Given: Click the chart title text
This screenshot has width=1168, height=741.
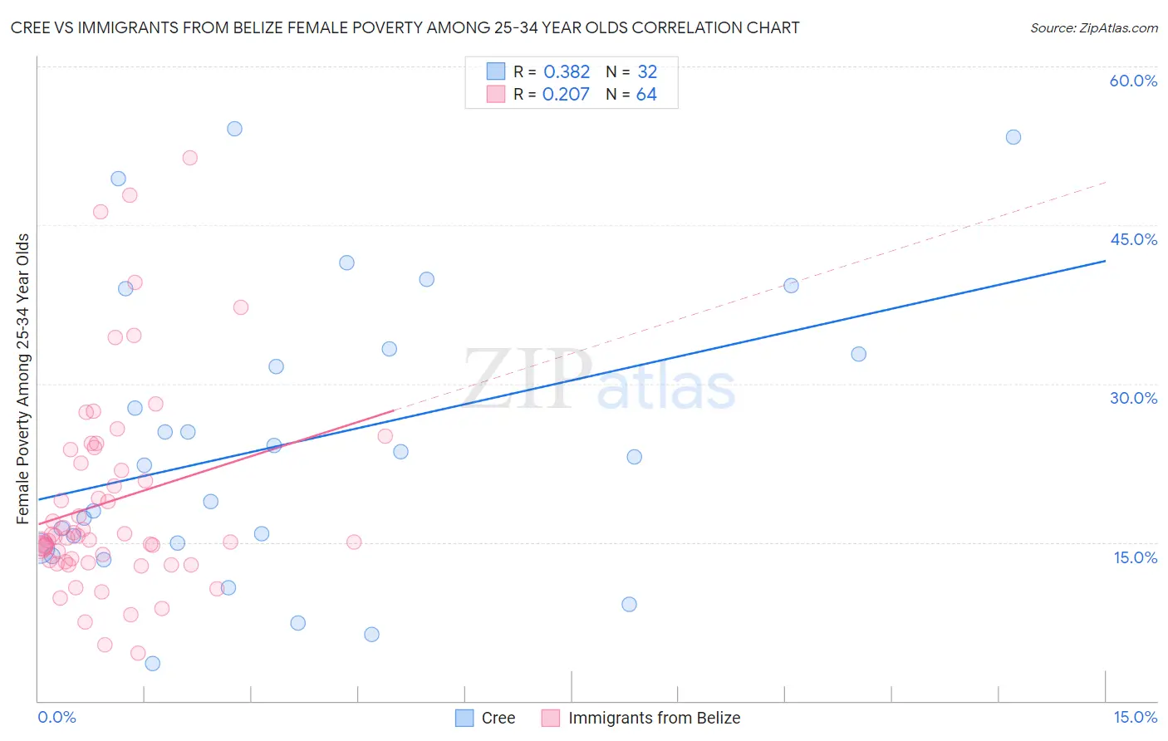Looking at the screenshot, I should click(405, 27).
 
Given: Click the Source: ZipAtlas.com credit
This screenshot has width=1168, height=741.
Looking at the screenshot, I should click(1093, 27).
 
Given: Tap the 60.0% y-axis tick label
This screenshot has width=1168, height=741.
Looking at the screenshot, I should click(1133, 81).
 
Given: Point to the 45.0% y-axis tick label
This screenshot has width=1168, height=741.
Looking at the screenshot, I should click(1133, 239).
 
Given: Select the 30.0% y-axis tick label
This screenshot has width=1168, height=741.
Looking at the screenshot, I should click(1133, 398).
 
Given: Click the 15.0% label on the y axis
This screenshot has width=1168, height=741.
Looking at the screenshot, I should click(1135, 557).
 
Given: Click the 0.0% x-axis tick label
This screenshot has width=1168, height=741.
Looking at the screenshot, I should click(56, 717).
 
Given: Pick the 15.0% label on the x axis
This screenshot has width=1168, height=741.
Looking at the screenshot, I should click(1135, 717).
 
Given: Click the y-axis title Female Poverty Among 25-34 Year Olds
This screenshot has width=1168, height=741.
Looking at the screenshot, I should click(23, 379).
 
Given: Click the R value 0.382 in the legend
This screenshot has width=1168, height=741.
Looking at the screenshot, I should click(567, 72).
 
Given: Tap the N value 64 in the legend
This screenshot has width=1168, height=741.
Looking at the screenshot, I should click(646, 95).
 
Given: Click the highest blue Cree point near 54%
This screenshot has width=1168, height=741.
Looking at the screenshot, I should click(234, 129).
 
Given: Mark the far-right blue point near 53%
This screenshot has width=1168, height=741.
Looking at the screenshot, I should click(1013, 137).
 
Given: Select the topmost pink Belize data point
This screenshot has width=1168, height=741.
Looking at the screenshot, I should click(189, 158).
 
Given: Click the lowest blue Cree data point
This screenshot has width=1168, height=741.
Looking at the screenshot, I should click(152, 663).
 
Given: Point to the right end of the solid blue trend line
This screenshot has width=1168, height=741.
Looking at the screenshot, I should click(1105, 261).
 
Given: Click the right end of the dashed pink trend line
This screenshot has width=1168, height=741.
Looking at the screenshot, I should click(1106, 182).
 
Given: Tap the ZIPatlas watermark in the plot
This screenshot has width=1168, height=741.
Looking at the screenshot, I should click(598, 380).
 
